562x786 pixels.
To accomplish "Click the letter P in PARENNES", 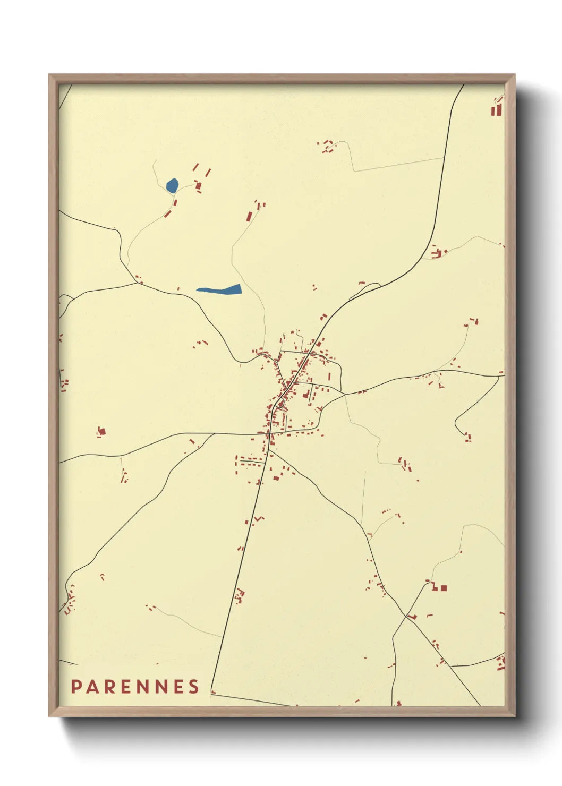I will coord(76,687).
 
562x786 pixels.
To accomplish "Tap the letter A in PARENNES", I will coord(92,687).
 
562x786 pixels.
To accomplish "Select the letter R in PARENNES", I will coord(109,687).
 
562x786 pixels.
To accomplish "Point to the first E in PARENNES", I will coord(125,687).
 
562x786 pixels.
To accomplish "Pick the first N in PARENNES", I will coord(142,687).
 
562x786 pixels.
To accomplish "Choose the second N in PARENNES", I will coord(160,687).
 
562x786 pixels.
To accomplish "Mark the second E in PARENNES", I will coord(177,687).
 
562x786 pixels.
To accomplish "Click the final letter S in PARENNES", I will coord(193,687).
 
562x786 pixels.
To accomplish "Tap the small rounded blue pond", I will coord(172,185).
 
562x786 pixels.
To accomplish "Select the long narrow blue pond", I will coord(219,289).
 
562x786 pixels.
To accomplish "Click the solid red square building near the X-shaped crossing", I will coord(444,588).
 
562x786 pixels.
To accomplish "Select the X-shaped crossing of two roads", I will coord(406,616).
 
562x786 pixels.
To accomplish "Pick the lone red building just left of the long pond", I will coord(178,289).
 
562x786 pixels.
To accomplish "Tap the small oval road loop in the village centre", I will coord(280,405).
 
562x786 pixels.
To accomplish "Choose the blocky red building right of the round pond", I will coord(199,185).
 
